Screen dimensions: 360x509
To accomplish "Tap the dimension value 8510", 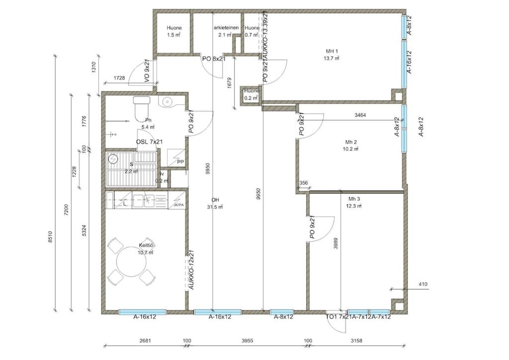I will [x=50, y=238].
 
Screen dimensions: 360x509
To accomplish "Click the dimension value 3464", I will [x=360, y=115].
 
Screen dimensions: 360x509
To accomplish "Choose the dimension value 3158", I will [x=356, y=341].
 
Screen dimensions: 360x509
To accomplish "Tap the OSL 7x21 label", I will [x=150, y=142].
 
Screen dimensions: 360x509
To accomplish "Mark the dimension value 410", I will [x=423, y=284].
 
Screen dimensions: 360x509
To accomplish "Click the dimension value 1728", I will [x=119, y=78].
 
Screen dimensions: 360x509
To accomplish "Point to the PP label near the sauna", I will [x=180, y=162].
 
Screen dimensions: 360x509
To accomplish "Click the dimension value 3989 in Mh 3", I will [x=337, y=244].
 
